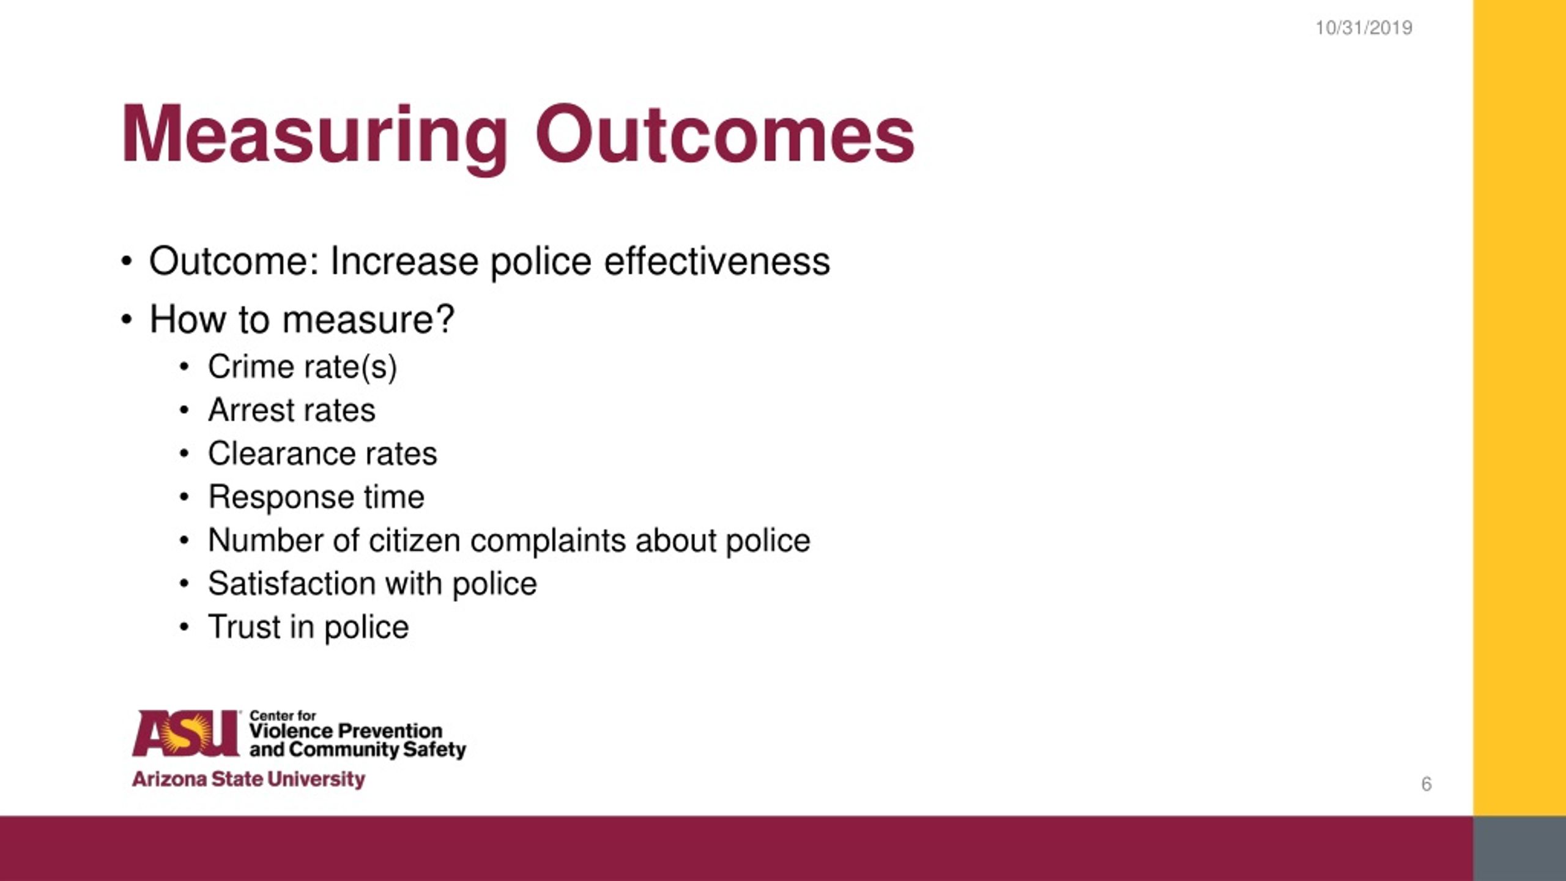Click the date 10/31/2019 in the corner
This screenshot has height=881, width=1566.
pos(1364,28)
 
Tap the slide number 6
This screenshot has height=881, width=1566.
pos(1427,784)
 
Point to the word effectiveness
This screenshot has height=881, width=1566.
pos(717,261)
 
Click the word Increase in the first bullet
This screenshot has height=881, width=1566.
pos(404,261)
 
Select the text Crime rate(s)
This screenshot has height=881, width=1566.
pos(302,368)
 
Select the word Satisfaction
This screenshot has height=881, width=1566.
pos(291,583)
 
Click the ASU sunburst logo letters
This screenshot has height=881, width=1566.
pos(186,732)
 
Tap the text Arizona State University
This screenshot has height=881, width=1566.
pos(248,779)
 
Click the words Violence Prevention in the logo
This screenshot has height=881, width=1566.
pos(346,730)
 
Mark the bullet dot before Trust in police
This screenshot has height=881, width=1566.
pos(184,626)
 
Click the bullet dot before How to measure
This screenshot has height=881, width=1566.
pos(127,319)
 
